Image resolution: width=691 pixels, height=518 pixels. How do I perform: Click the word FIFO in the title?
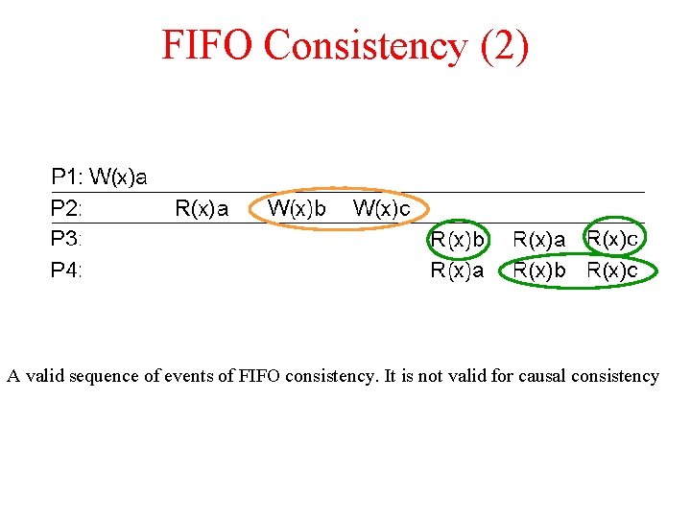(206, 45)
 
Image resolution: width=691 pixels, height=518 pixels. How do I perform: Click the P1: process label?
(67, 177)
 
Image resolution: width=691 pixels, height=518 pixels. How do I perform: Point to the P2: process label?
(67, 207)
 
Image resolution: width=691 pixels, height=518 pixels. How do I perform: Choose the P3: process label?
(67, 238)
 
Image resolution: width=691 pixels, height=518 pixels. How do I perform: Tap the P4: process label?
(67, 270)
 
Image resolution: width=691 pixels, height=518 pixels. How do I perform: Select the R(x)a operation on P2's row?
(202, 207)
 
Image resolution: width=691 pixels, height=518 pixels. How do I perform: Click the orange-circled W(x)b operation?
(297, 207)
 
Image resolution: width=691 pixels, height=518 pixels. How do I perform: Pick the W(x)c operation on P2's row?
(382, 207)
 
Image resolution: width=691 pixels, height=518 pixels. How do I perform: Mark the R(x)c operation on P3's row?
(612, 237)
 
